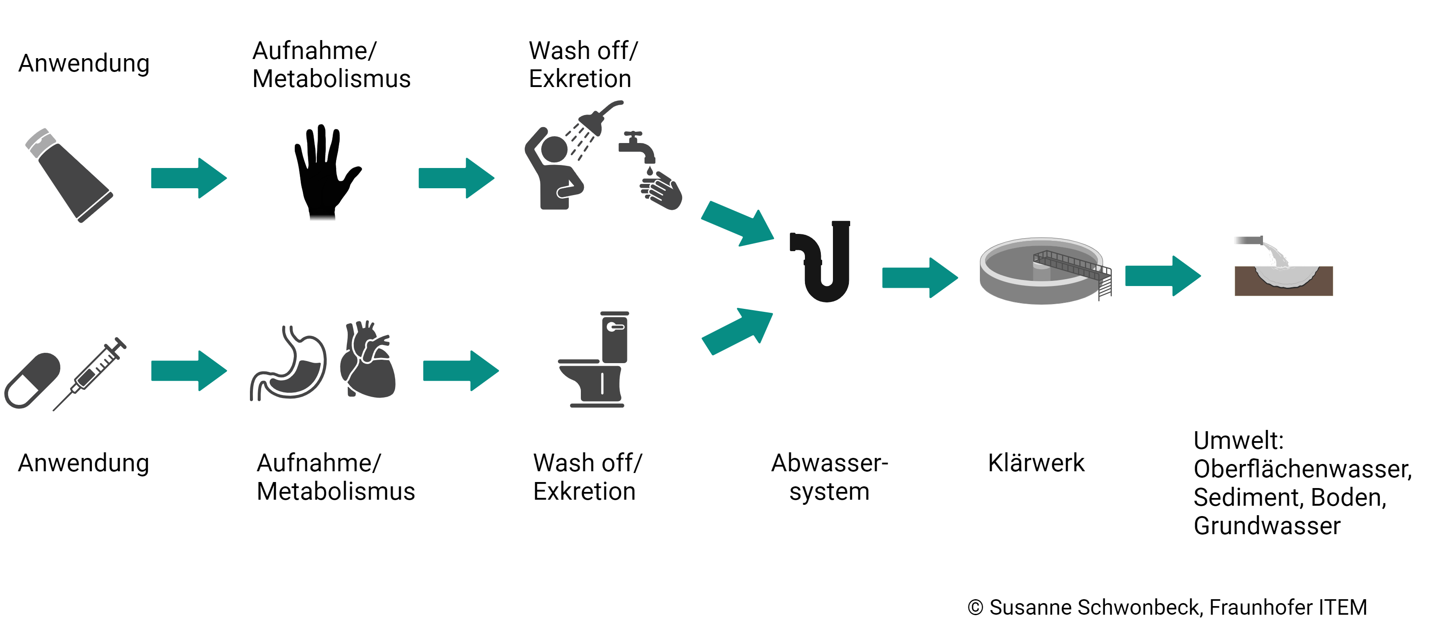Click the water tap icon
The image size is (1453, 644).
(x=636, y=146)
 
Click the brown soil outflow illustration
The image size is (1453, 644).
(x=1283, y=276)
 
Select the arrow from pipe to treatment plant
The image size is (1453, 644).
(x=920, y=277)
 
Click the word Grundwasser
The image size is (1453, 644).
(x=1267, y=526)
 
